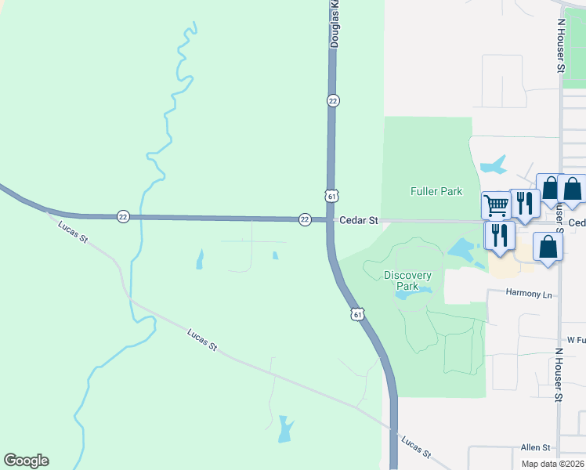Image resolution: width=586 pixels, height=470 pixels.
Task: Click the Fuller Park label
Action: [436, 191]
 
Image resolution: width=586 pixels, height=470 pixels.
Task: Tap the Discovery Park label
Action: [407, 280]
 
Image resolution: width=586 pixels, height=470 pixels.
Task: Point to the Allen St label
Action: [536, 447]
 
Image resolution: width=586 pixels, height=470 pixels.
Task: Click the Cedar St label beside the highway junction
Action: [358, 221]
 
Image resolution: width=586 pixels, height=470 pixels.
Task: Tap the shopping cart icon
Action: [495, 206]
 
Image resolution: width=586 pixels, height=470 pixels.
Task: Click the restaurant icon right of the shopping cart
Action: [524, 204]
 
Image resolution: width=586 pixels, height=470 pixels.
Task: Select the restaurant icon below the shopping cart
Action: [498, 235]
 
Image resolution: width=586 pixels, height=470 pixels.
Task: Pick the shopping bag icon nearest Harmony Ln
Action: [548, 247]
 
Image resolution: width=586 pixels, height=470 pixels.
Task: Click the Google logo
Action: [26, 461]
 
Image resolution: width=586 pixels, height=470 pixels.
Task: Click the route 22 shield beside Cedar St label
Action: [305, 219]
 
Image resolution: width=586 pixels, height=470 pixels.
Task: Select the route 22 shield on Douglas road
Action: [333, 100]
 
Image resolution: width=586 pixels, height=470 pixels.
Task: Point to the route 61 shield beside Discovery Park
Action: [357, 314]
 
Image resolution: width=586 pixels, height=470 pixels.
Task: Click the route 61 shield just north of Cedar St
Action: [332, 195]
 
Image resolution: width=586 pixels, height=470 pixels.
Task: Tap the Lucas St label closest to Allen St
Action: [415, 447]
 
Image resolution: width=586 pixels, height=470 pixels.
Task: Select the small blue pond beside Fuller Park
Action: [494, 165]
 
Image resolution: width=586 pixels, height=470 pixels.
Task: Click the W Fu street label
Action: [577, 340]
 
